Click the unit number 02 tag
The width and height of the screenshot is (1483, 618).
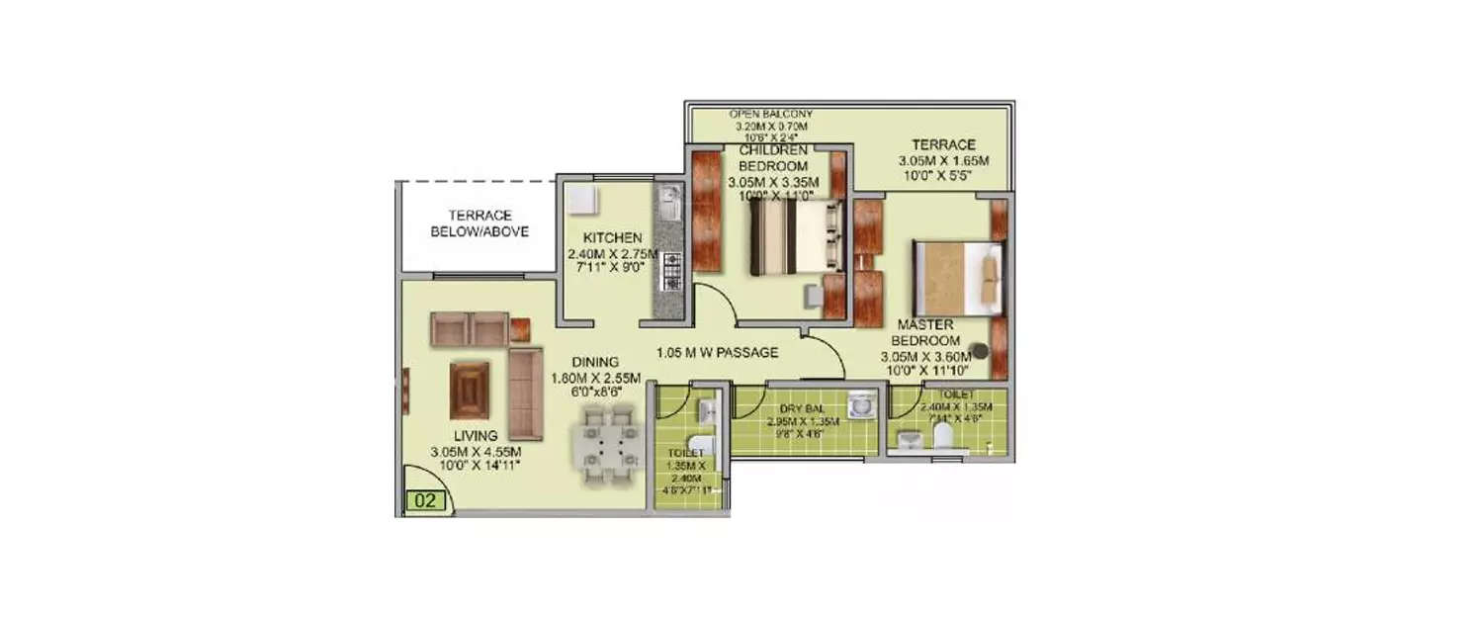click(426, 500)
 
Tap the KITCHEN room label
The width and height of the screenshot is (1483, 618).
click(613, 238)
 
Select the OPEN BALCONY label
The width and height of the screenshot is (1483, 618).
click(771, 114)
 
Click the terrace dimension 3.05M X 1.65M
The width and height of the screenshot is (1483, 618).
click(943, 161)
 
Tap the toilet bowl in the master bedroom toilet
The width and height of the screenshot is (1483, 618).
click(941, 436)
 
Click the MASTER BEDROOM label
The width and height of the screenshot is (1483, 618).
click(925, 333)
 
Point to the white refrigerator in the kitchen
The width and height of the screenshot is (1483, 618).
click(580, 199)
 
